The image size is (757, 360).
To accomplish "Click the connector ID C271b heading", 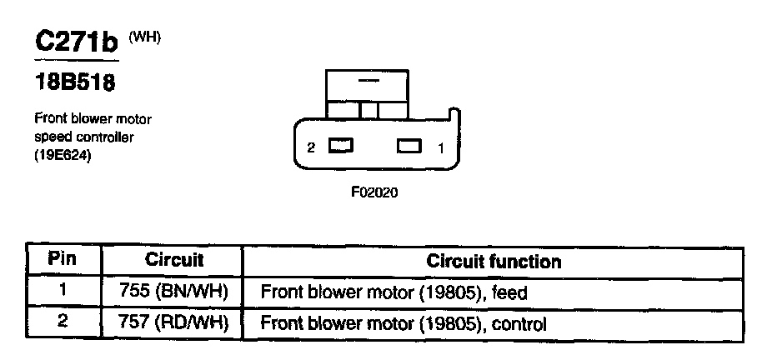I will [x=76, y=41].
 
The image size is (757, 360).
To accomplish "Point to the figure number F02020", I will [x=375, y=191].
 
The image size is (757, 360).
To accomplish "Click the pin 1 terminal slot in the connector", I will [x=409, y=147].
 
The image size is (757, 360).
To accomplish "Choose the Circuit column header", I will [x=174, y=260].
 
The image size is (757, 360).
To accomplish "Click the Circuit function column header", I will [x=494, y=261].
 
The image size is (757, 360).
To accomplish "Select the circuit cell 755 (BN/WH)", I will [x=174, y=292].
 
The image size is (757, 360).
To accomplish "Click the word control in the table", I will [x=521, y=324].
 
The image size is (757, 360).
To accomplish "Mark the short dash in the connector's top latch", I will [x=367, y=82].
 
